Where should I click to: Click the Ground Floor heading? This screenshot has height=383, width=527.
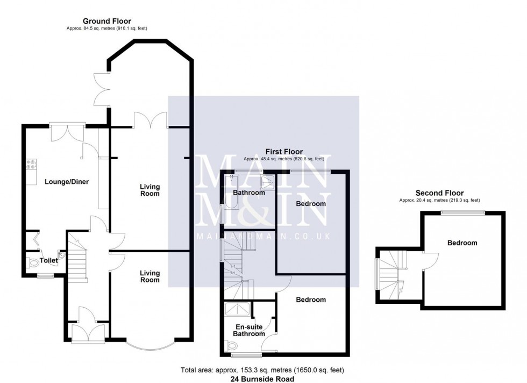106,21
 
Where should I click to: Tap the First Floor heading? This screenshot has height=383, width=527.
284,152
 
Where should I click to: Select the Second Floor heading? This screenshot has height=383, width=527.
439,193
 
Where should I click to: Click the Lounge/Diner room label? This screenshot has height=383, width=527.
67,182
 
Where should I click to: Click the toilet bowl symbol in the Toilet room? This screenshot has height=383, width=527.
33,263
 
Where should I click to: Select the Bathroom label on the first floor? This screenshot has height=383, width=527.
248,193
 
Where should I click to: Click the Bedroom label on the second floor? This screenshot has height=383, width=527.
462,243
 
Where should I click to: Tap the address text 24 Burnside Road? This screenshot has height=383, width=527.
263,378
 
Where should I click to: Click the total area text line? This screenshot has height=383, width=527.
263,370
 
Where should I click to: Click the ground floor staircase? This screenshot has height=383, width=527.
77,261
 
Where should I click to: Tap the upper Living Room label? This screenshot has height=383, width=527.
149,190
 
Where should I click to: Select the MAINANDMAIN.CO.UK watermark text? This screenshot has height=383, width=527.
263,236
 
